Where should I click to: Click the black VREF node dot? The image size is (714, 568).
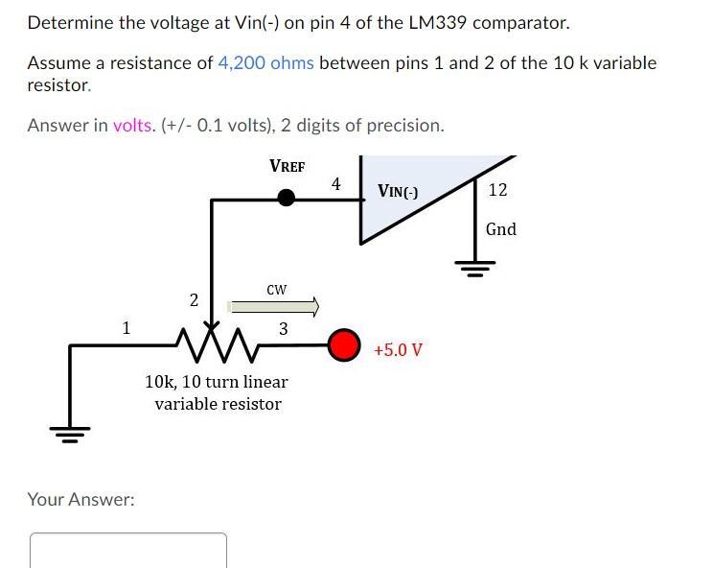click(286, 198)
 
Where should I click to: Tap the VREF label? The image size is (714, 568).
click(287, 166)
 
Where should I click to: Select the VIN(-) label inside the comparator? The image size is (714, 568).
click(398, 191)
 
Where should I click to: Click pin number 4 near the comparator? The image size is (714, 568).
click(335, 183)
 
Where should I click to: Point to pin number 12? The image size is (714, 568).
click(497, 190)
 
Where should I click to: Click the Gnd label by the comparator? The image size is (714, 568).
click(500, 229)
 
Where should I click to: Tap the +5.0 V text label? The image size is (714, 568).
click(398, 348)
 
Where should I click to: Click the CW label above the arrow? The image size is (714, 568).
click(277, 288)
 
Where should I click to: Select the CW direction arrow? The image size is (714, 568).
click(273, 307)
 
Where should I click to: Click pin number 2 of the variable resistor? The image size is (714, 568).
click(194, 300)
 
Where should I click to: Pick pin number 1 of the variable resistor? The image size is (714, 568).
click(126, 327)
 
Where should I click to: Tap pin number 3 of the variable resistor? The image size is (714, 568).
click(283, 329)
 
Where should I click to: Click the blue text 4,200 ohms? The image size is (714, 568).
click(266, 63)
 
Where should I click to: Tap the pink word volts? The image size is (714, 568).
click(132, 126)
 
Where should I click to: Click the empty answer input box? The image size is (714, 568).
click(128, 551)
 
